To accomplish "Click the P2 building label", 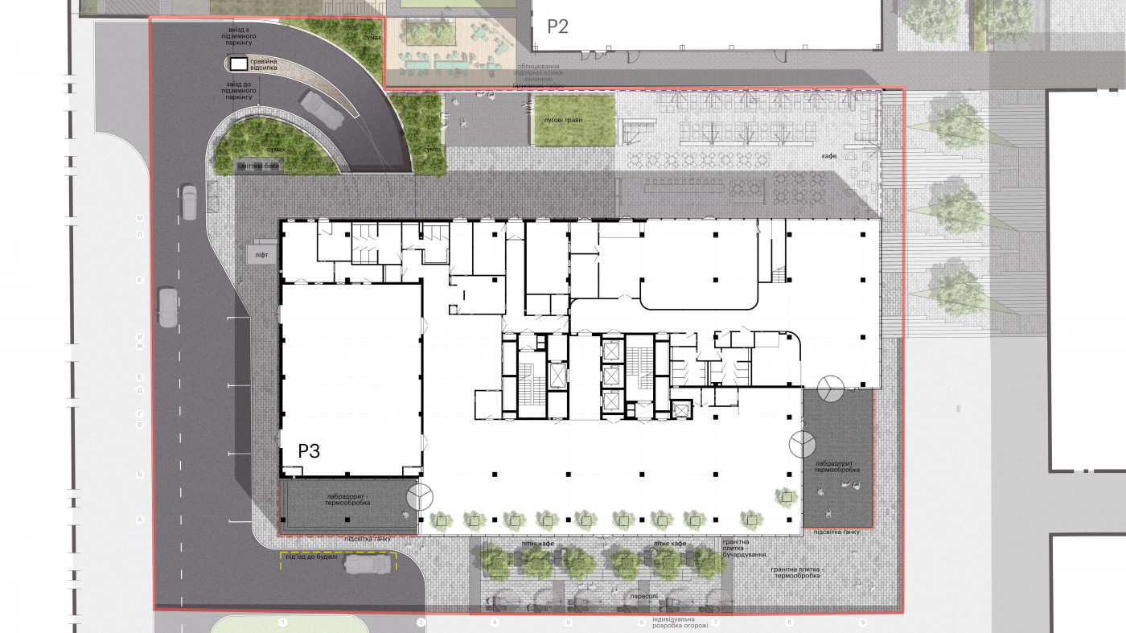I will (557, 27).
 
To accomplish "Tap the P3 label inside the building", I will (310, 451).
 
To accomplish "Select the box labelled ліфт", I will (261, 254).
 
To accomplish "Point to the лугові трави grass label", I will (563, 120).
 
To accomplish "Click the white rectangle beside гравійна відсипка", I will (238, 63).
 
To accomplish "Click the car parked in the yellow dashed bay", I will (367, 564).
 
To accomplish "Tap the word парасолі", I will (643, 597).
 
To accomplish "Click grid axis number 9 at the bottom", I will (863, 623).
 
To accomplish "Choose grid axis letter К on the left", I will (139, 280).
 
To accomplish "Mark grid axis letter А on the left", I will (139, 521).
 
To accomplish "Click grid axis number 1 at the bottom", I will (282, 623).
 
